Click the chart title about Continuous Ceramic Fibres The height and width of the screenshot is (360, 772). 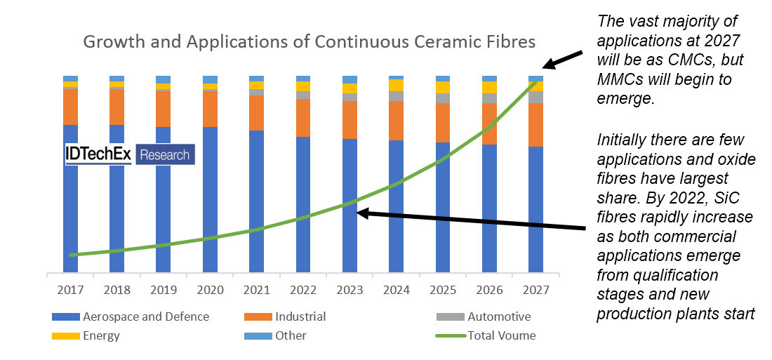tap(310, 41)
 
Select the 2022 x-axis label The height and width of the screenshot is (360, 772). tap(302, 290)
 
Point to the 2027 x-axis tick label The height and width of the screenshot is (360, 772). tap(535, 290)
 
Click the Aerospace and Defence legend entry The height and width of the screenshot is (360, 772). tap(145, 316)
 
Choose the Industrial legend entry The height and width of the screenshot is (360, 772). tap(300, 316)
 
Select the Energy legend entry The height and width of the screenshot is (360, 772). tap(101, 335)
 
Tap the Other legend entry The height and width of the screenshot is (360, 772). tap(290, 335)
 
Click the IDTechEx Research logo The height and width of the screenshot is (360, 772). tap(129, 154)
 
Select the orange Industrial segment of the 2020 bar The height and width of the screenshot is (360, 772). tap(210, 109)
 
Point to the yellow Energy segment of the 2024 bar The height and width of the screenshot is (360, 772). tap(396, 85)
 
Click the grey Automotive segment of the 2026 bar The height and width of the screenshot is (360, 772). tap(489, 98)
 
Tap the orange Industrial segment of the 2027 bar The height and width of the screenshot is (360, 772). tap(535, 125)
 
